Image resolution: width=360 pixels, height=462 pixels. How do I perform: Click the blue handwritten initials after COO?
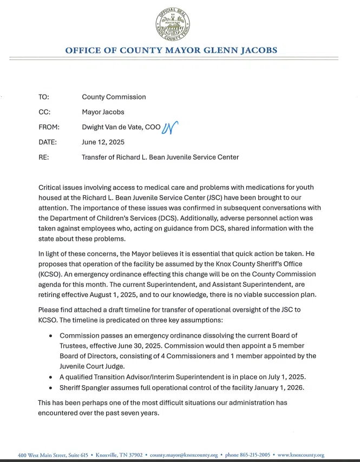pos(171,127)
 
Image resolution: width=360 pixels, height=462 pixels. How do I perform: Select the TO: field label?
pos(44,97)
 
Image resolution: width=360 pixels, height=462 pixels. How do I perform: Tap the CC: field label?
pos(44,112)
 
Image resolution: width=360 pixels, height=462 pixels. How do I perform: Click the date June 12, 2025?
pos(103,142)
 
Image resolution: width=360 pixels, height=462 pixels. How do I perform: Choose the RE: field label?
pos(43,157)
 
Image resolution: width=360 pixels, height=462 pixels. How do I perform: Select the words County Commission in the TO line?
pos(114,97)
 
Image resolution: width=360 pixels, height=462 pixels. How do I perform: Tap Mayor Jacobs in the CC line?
pos(103,112)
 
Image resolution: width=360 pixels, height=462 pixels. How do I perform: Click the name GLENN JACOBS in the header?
pos(238,50)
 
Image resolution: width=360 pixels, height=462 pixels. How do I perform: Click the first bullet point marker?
pos(51,335)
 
